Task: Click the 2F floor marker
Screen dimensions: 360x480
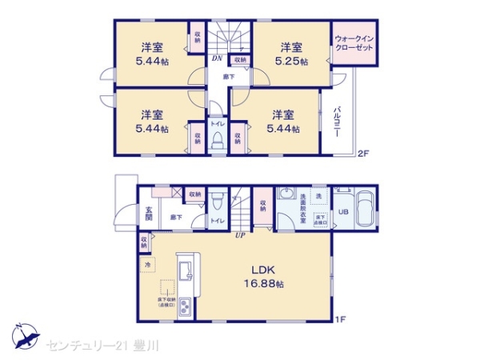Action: [363, 153]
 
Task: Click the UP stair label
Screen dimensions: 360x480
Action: [239, 234]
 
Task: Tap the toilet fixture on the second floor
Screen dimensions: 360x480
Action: [217, 141]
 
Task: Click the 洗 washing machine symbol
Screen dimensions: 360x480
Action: [318, 195]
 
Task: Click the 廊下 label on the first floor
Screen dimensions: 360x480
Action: [175, 216]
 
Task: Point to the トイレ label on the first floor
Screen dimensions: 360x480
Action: [216, 220]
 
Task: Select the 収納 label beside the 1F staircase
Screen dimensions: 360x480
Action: [262, 206]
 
